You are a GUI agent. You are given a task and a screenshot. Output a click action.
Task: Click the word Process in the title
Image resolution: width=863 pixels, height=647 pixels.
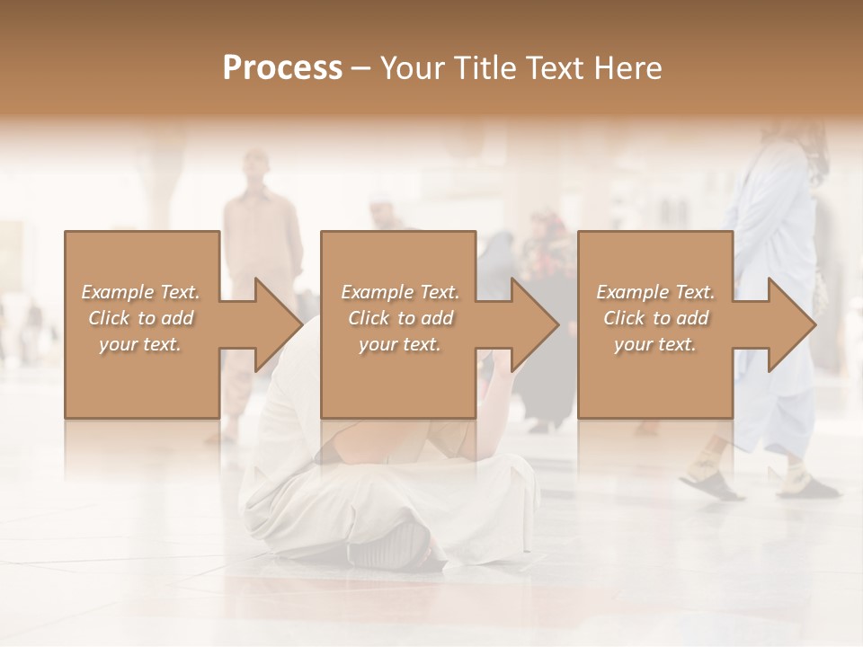[282, 68]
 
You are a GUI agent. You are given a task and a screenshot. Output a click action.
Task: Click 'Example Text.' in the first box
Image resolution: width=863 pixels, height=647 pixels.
[140, 292]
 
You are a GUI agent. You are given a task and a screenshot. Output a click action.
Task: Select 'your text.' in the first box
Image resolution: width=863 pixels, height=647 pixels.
[140, 344]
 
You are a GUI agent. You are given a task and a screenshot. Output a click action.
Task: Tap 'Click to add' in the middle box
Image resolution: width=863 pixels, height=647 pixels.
[400, 318]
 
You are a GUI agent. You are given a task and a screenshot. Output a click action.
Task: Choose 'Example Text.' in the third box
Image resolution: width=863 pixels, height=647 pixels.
[655, 292]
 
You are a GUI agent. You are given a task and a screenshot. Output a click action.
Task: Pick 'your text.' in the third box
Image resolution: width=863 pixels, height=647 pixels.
[655, 344]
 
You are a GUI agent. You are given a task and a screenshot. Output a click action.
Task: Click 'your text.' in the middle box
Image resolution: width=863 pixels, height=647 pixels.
[400, 344]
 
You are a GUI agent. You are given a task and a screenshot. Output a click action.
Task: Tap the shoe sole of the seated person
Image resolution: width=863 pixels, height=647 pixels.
[396, 544]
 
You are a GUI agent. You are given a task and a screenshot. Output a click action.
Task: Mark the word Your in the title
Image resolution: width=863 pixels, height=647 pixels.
[413, 68]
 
